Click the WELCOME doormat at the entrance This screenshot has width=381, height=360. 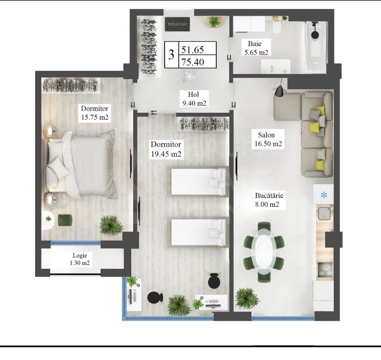pos(178,24)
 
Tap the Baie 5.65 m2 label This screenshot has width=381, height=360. pos(254,48)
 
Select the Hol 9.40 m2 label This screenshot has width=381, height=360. pos(193,98)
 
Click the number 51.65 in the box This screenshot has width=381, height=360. pos(192,50)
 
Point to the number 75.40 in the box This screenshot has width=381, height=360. pos(192,62)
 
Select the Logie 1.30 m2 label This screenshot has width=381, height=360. pos(80,259)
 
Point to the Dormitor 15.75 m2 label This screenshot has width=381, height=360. pos(95,113)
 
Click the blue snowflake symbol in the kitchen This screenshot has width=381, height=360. pos(324,195)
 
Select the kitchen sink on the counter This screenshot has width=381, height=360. pos(324,213)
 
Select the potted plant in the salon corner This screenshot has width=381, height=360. pos(247,298)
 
